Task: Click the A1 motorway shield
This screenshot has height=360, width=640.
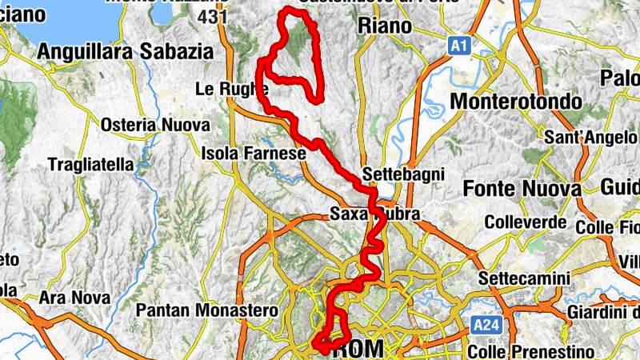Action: (458, 46)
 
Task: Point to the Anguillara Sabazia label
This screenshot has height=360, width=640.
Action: (126, 52)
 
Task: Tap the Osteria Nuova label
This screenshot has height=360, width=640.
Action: (155, 126)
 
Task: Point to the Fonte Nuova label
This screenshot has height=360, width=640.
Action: (522, 189)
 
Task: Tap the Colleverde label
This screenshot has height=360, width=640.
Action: (525, 222)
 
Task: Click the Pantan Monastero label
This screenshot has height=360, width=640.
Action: (207, 310)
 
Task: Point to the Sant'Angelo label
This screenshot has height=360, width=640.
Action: (590, 138)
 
